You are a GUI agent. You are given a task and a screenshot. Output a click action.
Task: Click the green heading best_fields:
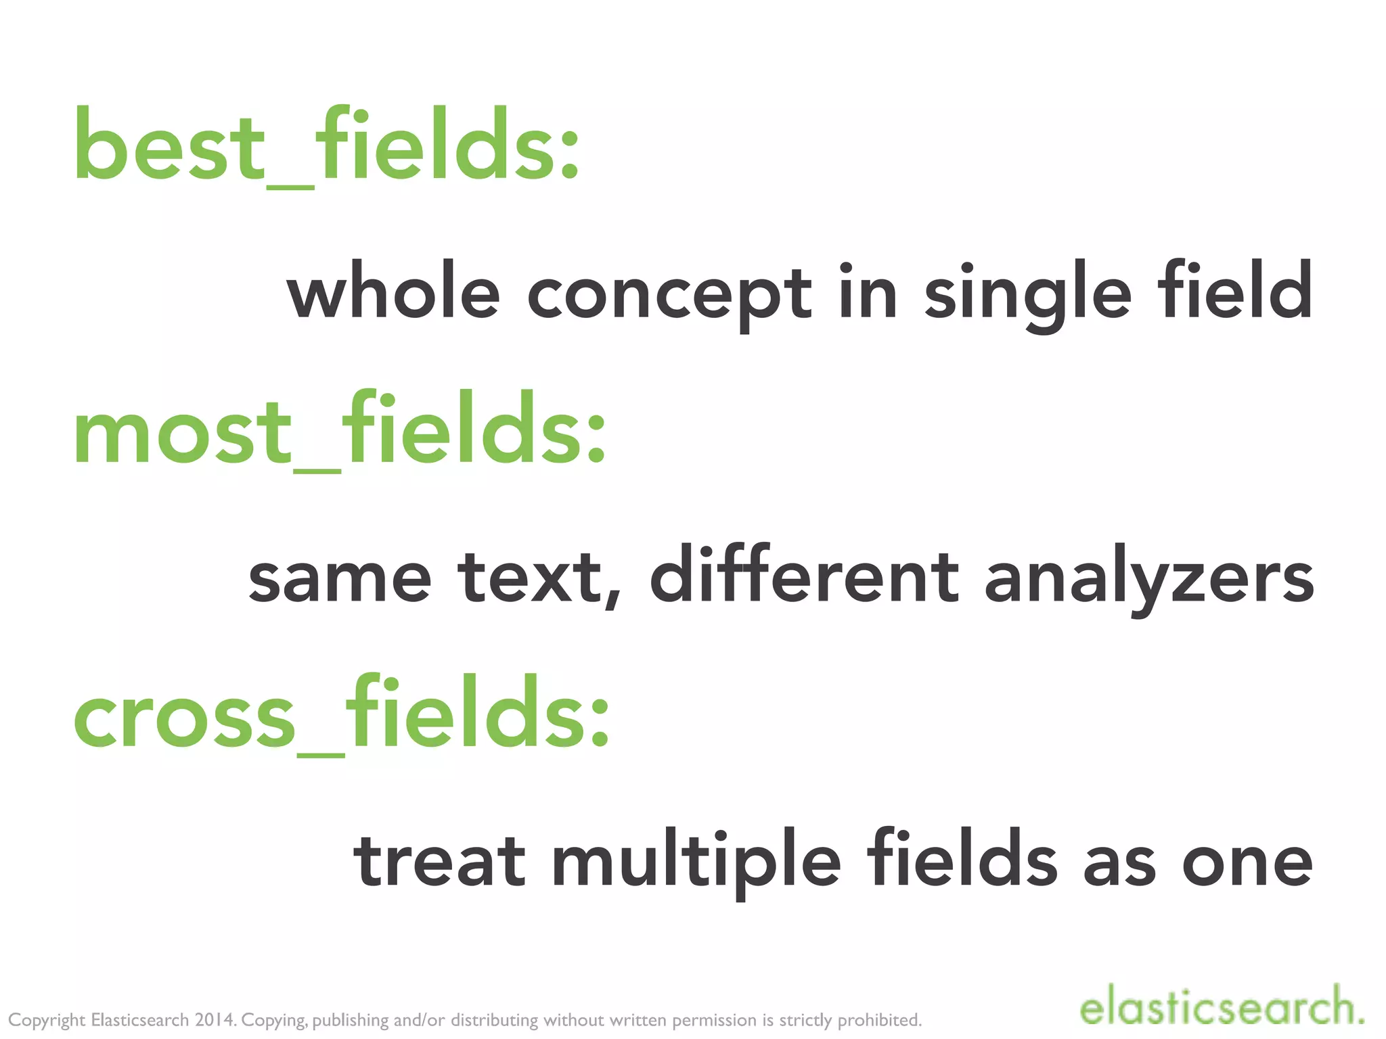[326, 145]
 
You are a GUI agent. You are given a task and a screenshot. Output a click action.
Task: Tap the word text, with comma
[539, 579]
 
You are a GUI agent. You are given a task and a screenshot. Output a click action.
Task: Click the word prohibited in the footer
[880, 1020]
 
